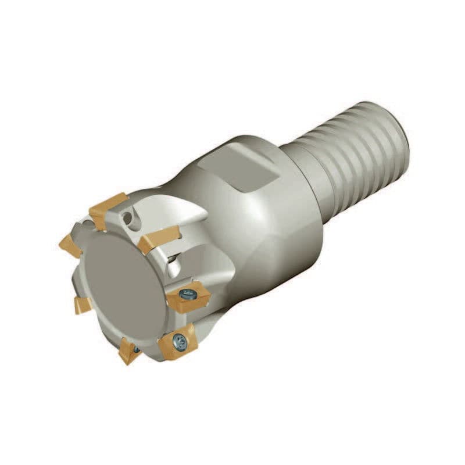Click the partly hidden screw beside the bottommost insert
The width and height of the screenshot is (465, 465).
[x=137, y=349]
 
